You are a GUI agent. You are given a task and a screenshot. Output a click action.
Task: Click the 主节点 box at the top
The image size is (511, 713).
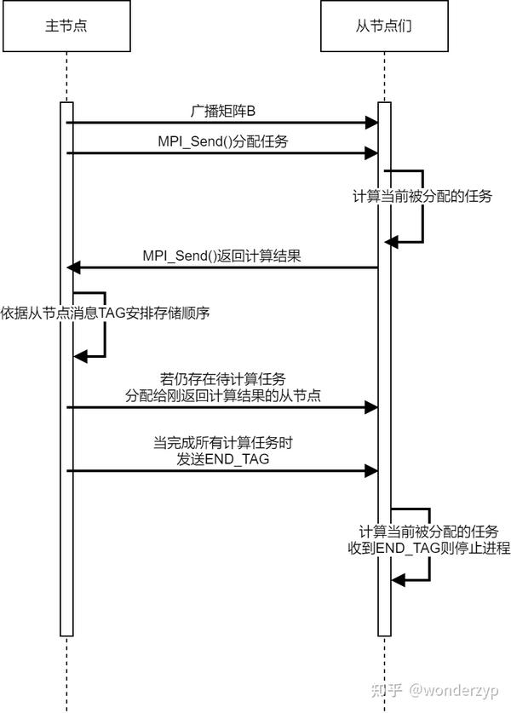(66, 26)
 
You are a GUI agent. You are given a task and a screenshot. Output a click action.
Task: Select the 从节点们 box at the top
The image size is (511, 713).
(384, 26)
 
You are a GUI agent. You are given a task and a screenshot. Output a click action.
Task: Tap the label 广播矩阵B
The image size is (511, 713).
(223, 111)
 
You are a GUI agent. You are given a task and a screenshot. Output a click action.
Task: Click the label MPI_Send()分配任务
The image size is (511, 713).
(223, 141)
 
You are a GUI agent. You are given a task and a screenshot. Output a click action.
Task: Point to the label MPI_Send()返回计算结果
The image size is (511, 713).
(221, 256)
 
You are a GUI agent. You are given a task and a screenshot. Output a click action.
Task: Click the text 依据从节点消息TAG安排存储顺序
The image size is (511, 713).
(105, 313)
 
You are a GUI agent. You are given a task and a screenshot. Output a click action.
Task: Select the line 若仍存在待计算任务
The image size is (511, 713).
(223, 379)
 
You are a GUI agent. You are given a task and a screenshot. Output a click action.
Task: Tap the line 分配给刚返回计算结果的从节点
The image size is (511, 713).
(223, 395)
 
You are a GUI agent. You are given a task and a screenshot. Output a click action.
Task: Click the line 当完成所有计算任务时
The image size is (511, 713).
(223, 442)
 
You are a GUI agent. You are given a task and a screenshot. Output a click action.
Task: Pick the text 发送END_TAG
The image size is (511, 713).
(223, 459)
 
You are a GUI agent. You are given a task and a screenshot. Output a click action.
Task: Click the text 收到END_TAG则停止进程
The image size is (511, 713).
(429, 548)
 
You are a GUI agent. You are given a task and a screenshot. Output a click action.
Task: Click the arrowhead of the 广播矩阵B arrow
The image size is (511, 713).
(372, 123)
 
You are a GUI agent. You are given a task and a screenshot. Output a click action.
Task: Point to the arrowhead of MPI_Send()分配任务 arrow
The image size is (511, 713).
(372, 153)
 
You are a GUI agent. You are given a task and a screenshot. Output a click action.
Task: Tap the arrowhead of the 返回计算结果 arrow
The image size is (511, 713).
(73, 267)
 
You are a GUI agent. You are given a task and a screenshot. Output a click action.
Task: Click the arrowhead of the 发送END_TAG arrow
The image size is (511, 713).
(372, 470)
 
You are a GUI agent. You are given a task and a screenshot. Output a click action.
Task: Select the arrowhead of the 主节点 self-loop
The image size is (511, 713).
(80, 356)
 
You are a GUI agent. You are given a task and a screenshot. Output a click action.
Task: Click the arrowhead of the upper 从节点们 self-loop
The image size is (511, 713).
(392, 242)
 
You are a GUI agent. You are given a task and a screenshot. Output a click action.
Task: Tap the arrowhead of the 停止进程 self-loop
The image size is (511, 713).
(398, 580)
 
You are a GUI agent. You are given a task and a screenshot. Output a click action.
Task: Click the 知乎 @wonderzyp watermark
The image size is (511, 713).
(434, 690)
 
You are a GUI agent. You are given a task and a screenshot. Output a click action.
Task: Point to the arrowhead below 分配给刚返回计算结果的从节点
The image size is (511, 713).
(372, 407)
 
